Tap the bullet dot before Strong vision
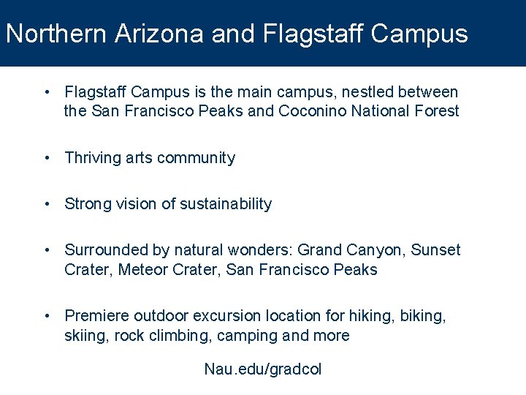47,204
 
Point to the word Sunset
436,250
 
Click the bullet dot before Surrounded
47,250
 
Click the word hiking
371,316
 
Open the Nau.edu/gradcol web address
262,369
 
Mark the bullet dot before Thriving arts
47,158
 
